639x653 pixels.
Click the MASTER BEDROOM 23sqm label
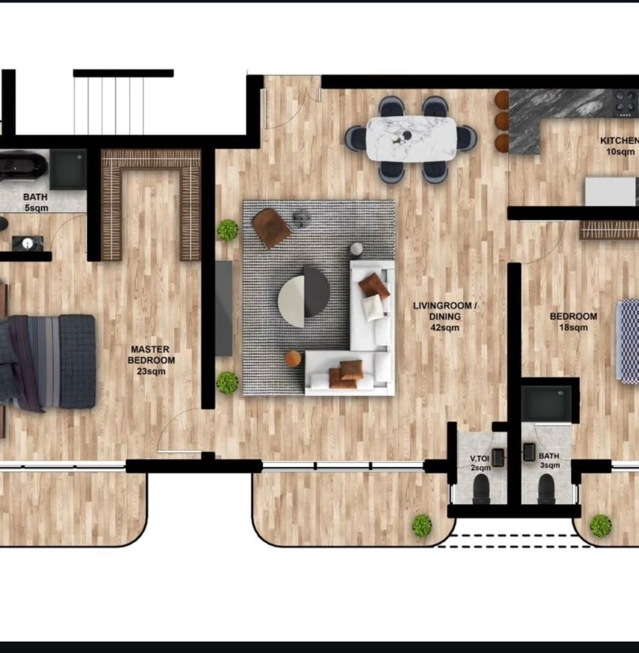coord(151,360)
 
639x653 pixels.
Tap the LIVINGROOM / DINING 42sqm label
coord(445,316)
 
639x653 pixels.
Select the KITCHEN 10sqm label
coord(619,146)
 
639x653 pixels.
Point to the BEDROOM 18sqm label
coord(573,321)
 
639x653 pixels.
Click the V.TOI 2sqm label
coord(480,463)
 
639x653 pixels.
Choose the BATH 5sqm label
coord(36,202)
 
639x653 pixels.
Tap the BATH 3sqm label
coord(550,460)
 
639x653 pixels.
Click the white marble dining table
coord(411,138)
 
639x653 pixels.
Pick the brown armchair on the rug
coord(271,228)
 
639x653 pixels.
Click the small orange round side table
coord(293,358)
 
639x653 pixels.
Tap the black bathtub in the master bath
coord(23,166)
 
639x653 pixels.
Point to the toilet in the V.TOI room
coord(481,489)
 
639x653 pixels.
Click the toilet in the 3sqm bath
coord(546,489)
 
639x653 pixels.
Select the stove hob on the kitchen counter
coord(626,104)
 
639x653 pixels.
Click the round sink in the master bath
coord(27,244)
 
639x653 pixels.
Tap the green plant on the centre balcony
coord(422,525)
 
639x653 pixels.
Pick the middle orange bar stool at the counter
coord(502,121)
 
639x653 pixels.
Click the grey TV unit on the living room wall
coord(224,309)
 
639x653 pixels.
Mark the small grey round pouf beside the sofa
coord(356,249)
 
